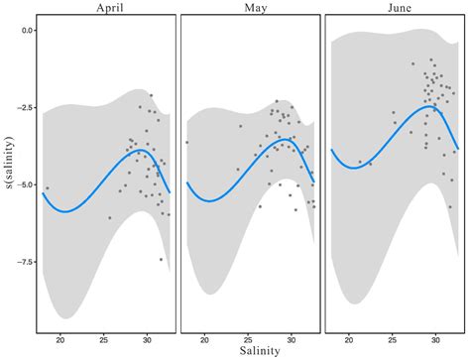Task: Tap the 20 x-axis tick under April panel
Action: pos(61,340)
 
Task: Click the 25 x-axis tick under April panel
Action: pos(104,340)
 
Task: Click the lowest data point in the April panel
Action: pos(161,259)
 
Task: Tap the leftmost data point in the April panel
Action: pos(47,188)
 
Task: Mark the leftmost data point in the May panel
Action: pos(186,143)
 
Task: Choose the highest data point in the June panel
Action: pos(430,60)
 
